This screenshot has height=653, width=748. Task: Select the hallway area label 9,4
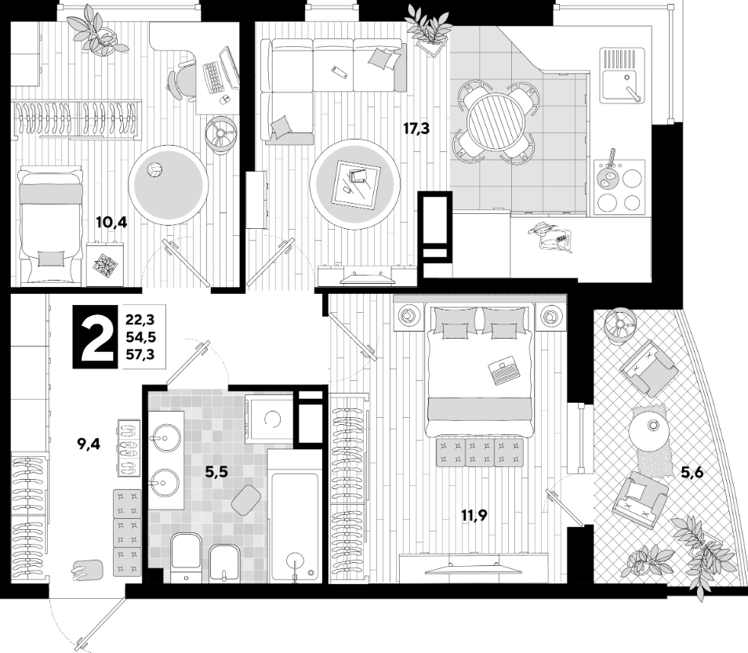click(88, 445)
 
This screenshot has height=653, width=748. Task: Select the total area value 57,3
click(140, 354)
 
